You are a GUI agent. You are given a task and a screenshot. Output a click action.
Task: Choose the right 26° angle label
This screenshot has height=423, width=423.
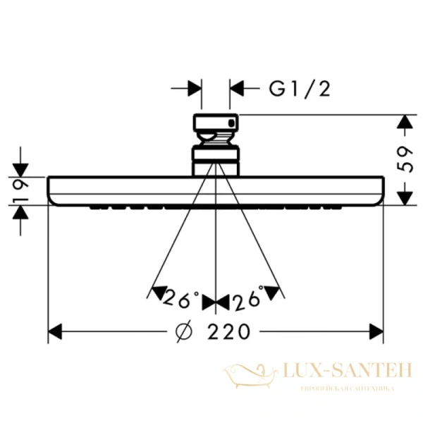[x=247, y=300]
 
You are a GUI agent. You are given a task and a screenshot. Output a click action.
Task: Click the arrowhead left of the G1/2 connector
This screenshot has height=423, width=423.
[x=193, y=88]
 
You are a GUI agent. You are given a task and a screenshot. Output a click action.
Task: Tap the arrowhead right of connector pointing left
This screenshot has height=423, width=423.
[x=238, y=88]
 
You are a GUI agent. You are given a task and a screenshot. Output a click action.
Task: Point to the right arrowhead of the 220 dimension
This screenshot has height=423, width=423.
[x=374, y=331]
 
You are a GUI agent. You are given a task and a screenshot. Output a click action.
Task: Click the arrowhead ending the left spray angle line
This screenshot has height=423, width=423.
[x=157, y=291]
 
